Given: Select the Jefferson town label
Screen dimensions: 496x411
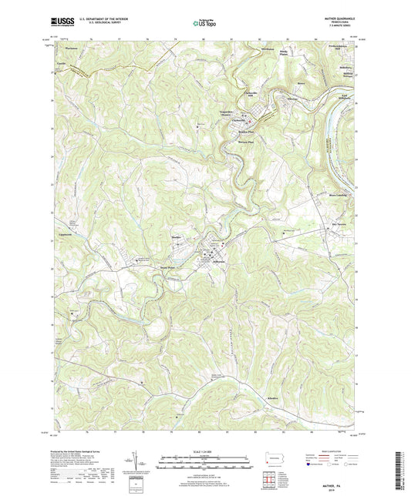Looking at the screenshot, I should coord(213,263).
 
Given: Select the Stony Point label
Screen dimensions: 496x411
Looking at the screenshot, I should coord(168,268).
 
